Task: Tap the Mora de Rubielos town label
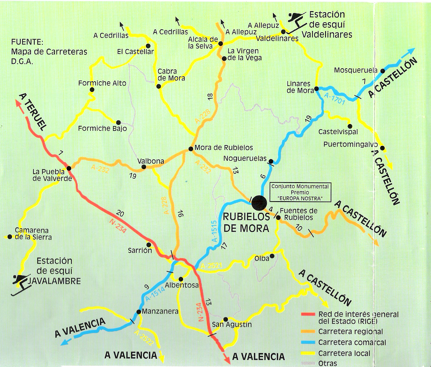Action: click(x=224, y=148)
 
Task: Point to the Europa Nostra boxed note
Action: click(x=300, y=193)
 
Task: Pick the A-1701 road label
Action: click(x=335, y=99)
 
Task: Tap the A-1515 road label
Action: click(x=214, y=231)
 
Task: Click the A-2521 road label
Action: click(x=211, y=266)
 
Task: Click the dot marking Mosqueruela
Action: click(x=383, y=71)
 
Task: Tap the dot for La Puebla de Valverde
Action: click(x=69, y=168)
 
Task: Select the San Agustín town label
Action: click(x=232, y=325)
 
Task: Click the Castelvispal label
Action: click(x=338, y=132)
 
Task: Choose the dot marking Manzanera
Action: click(x=139, y=312)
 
